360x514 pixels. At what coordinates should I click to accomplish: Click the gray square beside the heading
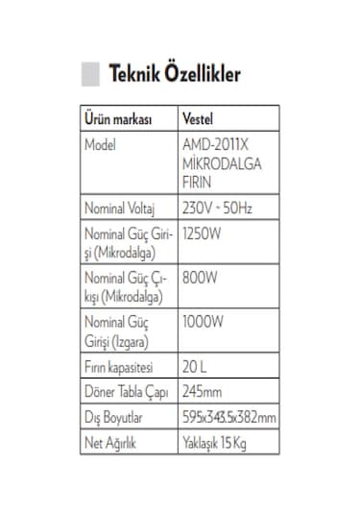click(x=89, y=74)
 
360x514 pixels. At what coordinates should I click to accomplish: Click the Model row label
click(x=101, y=145)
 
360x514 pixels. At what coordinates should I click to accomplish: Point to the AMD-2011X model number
click(x=214, y=145)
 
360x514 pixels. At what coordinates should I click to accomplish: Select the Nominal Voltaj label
click(x=127, y=208)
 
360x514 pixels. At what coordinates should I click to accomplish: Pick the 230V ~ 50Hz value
click(x=217, y=208)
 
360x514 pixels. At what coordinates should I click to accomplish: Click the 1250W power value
click(x=202, y=233)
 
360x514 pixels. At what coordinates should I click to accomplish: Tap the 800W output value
click(x=200, y=278)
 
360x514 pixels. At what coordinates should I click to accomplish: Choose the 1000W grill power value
click(x=203, y=323)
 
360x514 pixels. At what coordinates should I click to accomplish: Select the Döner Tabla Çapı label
click(x=129, y=392)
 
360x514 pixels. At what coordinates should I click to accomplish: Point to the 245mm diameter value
click(x=202, y=392)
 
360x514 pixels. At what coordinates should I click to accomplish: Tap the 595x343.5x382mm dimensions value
click(x=229, y=417)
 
